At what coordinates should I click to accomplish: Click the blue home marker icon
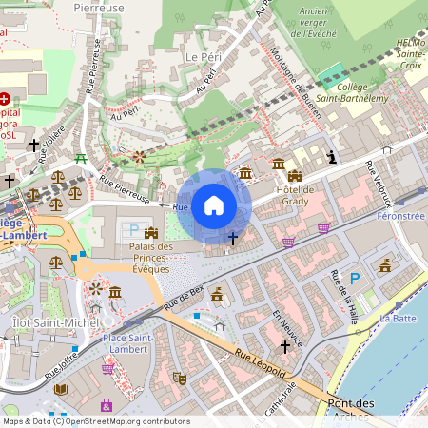point(214,204)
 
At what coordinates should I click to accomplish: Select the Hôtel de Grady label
point(295,194)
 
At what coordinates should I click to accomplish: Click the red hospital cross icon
point(6,98)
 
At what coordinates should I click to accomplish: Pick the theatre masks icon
point(178,378)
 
